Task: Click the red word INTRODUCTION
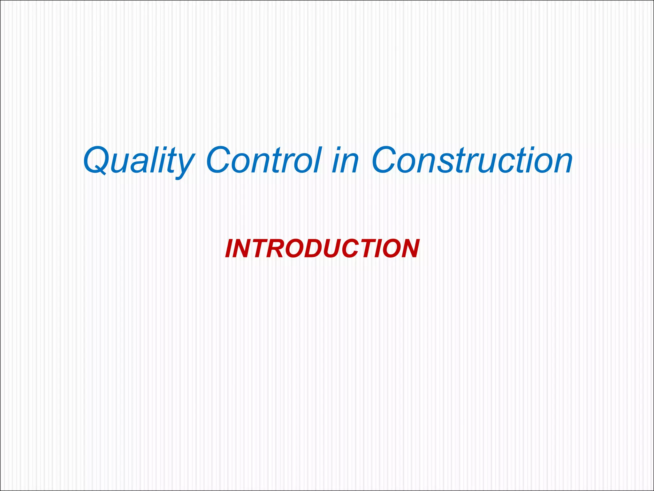(322, 249)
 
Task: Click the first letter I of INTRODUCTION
(229, 249)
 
